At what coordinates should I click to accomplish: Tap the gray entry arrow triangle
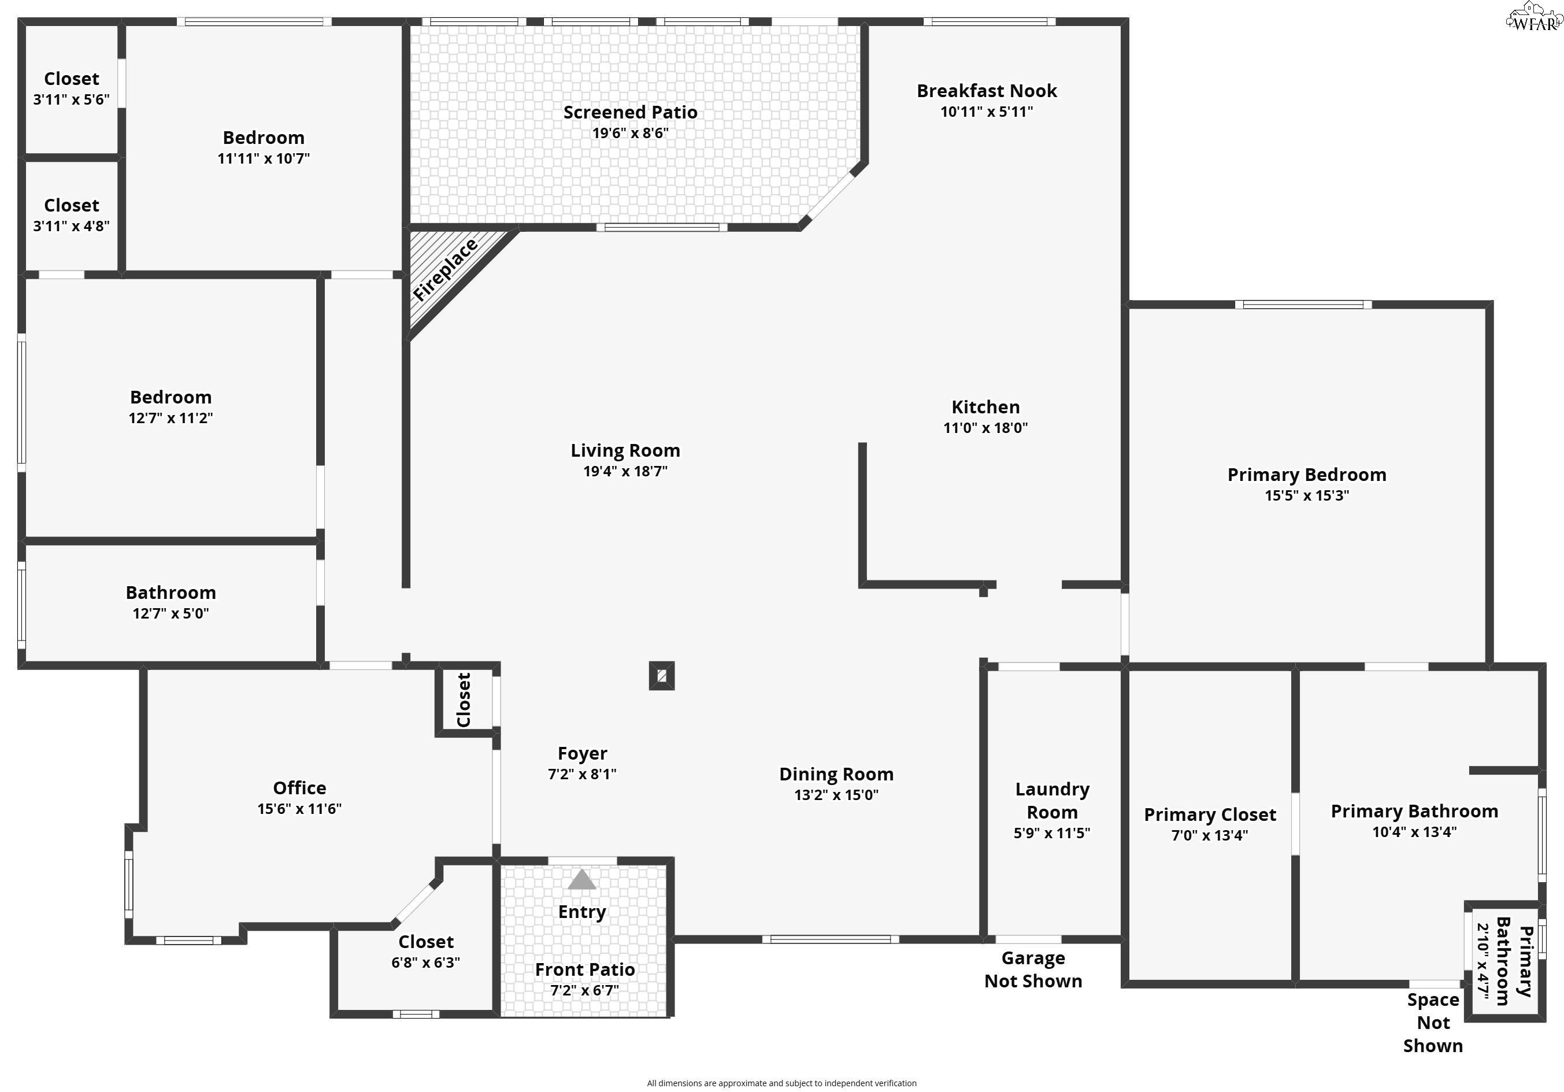581,881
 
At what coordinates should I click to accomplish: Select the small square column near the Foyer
661,676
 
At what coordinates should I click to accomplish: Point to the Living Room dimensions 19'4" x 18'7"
625,471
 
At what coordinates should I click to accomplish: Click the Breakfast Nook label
987,91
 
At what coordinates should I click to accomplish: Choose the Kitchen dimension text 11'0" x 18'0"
985,428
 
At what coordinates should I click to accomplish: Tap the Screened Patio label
630,112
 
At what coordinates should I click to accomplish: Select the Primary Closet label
1209,815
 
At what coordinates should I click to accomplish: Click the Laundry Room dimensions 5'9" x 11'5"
1051,832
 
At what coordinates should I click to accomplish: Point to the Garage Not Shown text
1033,969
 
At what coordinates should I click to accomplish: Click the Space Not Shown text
1433,1023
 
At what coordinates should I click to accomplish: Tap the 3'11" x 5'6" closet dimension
71,100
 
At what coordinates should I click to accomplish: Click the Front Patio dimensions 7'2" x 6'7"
584,990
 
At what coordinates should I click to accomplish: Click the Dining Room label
836,775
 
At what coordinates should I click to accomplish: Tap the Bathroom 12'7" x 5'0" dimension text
171,613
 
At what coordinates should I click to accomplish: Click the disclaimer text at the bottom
781,1083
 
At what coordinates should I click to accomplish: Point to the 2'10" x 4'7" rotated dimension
1483,963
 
